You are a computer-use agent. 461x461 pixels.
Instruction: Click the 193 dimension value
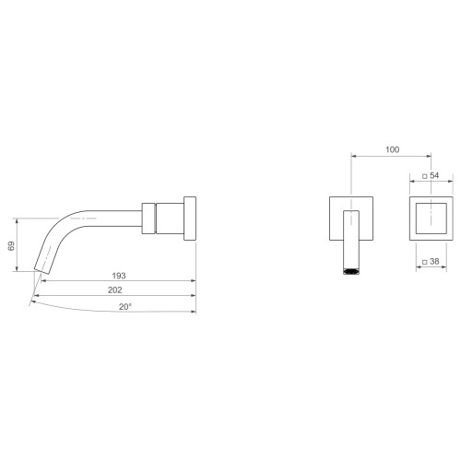[119, 276]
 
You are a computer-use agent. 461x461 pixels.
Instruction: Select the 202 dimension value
[115, 290]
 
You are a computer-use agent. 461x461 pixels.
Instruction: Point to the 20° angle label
[125, 307]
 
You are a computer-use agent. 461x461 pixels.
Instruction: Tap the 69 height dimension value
[11, 246]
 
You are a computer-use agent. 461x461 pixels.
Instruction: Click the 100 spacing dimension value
[393, 149]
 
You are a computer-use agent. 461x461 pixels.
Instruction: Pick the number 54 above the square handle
[434, 175]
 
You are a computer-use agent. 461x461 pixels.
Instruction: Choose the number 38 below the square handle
[434, 261]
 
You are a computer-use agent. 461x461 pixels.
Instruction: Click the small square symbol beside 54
[425, 176]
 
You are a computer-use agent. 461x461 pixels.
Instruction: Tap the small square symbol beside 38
[425, 262]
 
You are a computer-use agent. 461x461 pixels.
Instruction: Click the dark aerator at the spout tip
[351, 271]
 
